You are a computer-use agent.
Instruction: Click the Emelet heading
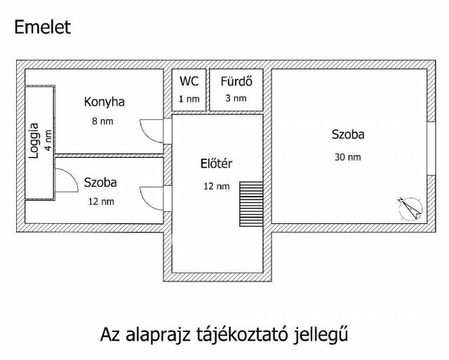42,28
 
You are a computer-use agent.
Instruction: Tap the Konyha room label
104,102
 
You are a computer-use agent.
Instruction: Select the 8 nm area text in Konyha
103,121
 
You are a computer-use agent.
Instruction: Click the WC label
189,80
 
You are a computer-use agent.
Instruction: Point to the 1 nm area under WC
189,98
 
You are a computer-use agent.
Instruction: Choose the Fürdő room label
236,80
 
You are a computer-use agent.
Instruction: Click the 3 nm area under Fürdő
236,98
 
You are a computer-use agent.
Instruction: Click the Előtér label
216,164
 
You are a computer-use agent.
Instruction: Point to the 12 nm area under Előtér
216,186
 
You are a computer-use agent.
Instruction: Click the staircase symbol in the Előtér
250,204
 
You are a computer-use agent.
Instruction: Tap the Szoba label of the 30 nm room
348,135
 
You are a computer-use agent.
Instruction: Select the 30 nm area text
348,157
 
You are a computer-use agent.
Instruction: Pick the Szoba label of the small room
100,182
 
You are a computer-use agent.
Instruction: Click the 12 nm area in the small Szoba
100,201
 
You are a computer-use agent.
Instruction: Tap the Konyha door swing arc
151,131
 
